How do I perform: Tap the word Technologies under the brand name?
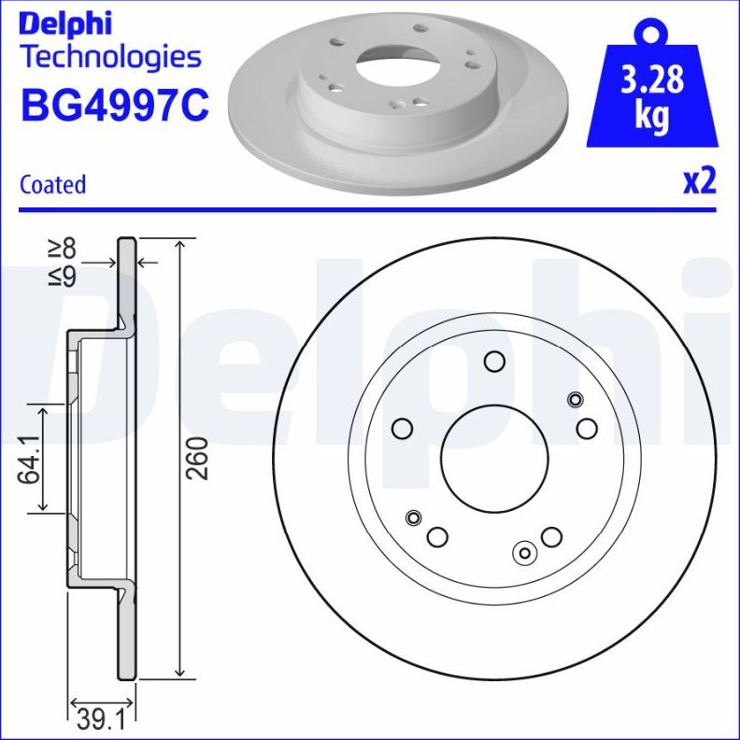click(x=110, y=58)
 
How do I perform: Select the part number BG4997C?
click(x=114, y=106)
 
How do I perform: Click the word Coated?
click(x=52, y=185)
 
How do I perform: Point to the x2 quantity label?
click(x=699, y=181)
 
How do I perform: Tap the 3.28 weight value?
click(x=651, y=80)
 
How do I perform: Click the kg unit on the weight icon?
click(x=651, y=117)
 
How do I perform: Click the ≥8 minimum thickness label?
click(x=62, y=248)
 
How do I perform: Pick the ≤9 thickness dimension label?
click(x=62, y=277)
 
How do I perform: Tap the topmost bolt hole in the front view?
click(x=494, y=362)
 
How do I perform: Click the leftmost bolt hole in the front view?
click(x=403, y=428)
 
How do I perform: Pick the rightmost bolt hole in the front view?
click(x=587, y=428)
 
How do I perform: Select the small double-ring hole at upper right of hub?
click(x=575, y=400)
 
